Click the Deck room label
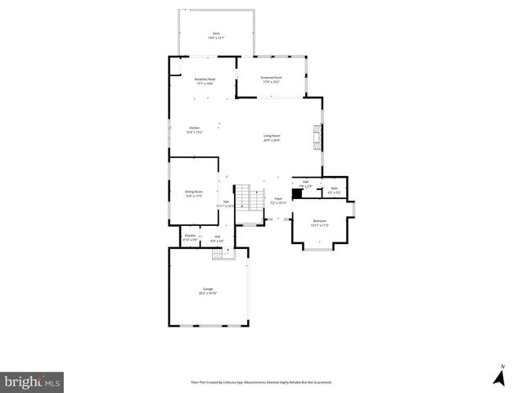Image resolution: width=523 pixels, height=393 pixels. [x=216, y=34]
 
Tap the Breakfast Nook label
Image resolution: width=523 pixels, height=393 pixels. [x=205, y=79]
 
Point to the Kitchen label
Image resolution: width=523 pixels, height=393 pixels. [x=195, y=128]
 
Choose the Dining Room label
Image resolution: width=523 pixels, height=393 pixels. [x=194, y=192]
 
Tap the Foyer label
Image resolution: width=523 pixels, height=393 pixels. [x=277, y=198]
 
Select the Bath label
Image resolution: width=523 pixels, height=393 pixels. [x=334, y=189]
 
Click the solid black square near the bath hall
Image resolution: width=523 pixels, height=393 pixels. [x=296, y=196]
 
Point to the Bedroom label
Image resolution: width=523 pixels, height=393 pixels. [x=320, y=221]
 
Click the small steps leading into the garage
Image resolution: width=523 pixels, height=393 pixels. [x=218, y=254]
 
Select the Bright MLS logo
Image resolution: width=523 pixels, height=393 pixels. [x=32, y=381]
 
